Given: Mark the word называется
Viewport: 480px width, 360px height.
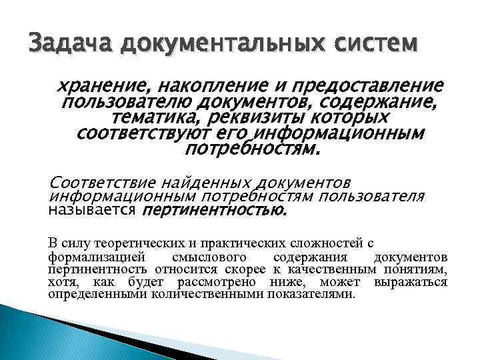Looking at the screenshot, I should pos(91,211).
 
